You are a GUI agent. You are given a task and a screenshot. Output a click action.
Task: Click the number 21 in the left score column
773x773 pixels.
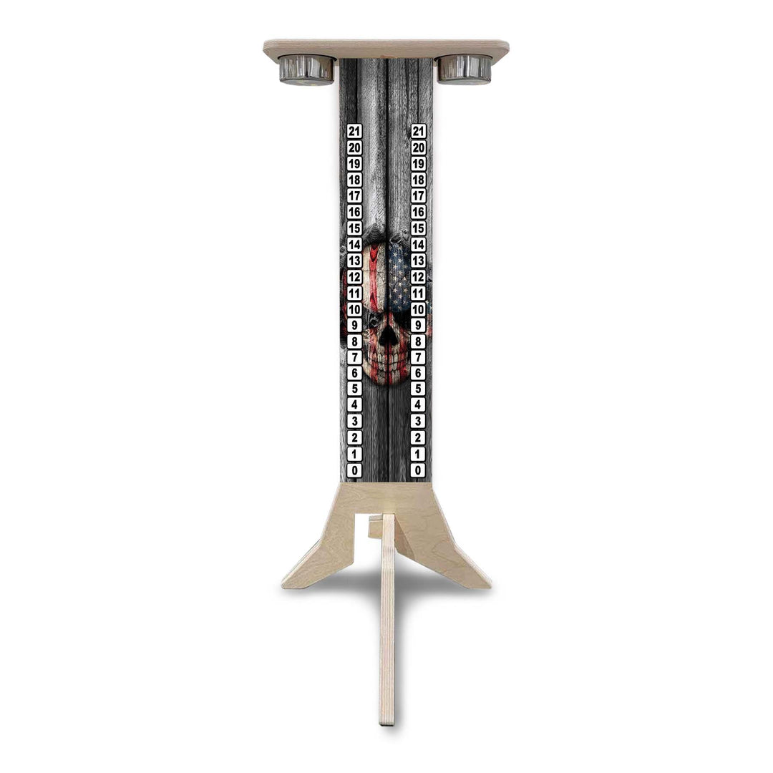[x=354, y=131]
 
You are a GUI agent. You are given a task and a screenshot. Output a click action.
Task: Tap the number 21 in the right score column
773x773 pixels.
[x=419, y=131]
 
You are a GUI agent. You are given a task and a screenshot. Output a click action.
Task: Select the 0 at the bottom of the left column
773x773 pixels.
[x=354, y=470]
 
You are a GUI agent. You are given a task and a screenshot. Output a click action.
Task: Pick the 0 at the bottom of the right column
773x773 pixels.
[x=419, y=470]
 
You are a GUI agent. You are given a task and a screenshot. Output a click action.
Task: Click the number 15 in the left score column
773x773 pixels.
[x=354, y=228]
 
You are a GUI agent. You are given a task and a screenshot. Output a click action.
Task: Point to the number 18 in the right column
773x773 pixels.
[x=419, y=180]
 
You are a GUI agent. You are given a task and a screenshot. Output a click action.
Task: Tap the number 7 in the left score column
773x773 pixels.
[x=354, y=357]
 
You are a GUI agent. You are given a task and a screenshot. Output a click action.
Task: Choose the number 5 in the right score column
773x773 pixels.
[x=419, y=389]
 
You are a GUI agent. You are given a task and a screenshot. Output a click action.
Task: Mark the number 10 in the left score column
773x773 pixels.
[x=354, y=309]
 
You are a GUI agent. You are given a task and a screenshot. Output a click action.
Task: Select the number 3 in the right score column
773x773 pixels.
[x=419, y=422]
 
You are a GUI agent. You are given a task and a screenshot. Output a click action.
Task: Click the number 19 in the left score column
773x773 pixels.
[x=354, y=163]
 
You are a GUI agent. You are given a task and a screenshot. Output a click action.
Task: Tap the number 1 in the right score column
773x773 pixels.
[x=419, y=454]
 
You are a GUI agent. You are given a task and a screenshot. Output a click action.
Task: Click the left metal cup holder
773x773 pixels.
[x=306, y=69]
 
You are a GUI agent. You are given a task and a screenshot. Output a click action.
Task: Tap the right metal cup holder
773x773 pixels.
[x=465, y=69]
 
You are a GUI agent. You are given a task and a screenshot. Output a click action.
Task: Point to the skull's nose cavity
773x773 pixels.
[x=387, y=336]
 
